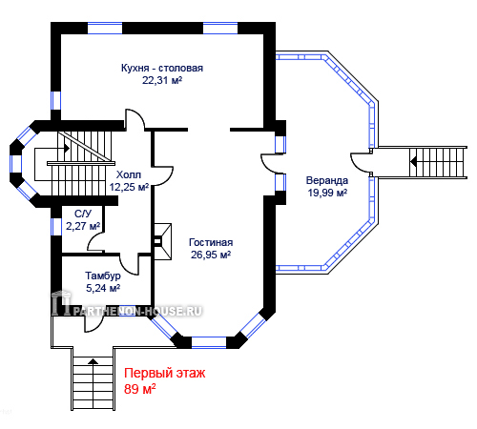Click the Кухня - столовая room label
[x=162, y=68]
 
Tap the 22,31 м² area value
[x=162, y=80]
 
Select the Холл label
[x=129, y=174]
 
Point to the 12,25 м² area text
[x=129, y=187]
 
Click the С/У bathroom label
[x=83, y=214]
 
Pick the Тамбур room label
[x=103, y=276]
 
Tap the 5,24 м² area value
[x=103, y=288]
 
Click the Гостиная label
[x=211, y=242]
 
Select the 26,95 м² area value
[x=211, y=255]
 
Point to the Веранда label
[x=327, y=180]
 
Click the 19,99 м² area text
[x=327, y=193]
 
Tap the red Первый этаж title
[x=164, y=373]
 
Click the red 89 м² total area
[x=139, y=389]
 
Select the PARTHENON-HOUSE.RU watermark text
[x=137, y=311]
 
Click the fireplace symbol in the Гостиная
[x=163, y=241]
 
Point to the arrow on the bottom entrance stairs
[x=93, y=361]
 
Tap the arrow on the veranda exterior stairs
[x=413, y=162]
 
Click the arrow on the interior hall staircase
[x=67, y=148]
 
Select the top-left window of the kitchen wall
[x=105, y=28]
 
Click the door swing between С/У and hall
[x=96, y=241]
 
